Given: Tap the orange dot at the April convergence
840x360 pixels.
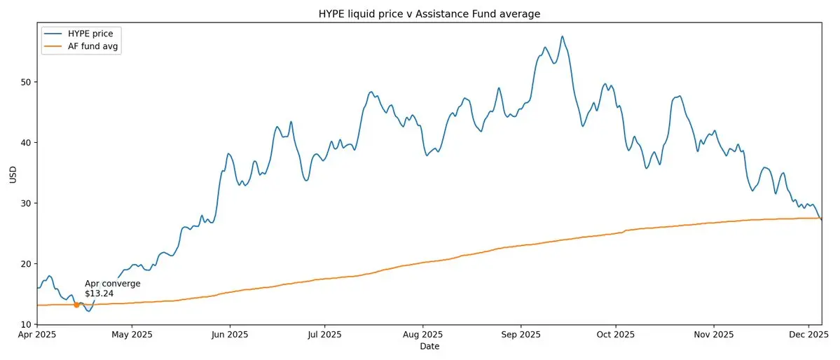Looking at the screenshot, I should pyautogui.click(x=76, y=305).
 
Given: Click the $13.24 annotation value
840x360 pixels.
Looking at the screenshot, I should pyautogui.click(x=99, y=293).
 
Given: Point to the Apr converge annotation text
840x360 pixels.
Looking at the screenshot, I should pyautogui.click(x=112, y=284).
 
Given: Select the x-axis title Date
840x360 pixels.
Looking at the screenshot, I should pyautogui.click(x=429, y=347).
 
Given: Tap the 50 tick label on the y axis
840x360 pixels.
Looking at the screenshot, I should pyautogui.click(x=25, y=82).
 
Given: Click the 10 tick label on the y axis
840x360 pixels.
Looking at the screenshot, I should pyautogui.click(x=25, y=324).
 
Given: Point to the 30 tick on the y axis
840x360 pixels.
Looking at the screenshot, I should pyautogui.click(x=25, y=203).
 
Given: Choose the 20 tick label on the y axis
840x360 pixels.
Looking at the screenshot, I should pyautogui.click(x=25, y=264).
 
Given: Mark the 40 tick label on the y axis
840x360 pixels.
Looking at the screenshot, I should pyautogui.click(x=25, y=143).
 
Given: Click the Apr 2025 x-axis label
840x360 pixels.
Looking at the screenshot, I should pyautogui.click(x=36, y=335).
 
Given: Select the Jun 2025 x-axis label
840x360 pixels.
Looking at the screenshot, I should pyautogui.click(x=229, y=335).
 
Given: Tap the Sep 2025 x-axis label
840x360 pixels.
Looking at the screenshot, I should pyautogui.click(x=520, y=335).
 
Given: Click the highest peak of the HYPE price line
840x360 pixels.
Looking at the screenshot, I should pyautogui.click(x=562, y=36).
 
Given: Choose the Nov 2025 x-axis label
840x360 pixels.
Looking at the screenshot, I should pyautogui.click(x=713, y=335).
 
